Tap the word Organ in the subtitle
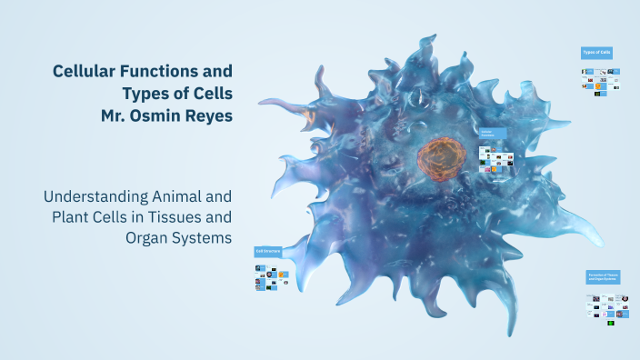(x=150, y=238)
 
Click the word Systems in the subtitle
(x=203, y=238)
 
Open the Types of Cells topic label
(x=596, y=53)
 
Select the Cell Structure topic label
(x=268, y=250)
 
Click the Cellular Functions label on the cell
(x=492, y=134)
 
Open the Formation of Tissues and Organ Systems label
(x=602, y=276)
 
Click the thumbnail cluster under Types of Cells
(x=596, y=82)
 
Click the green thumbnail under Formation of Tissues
(x=611, y=322)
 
